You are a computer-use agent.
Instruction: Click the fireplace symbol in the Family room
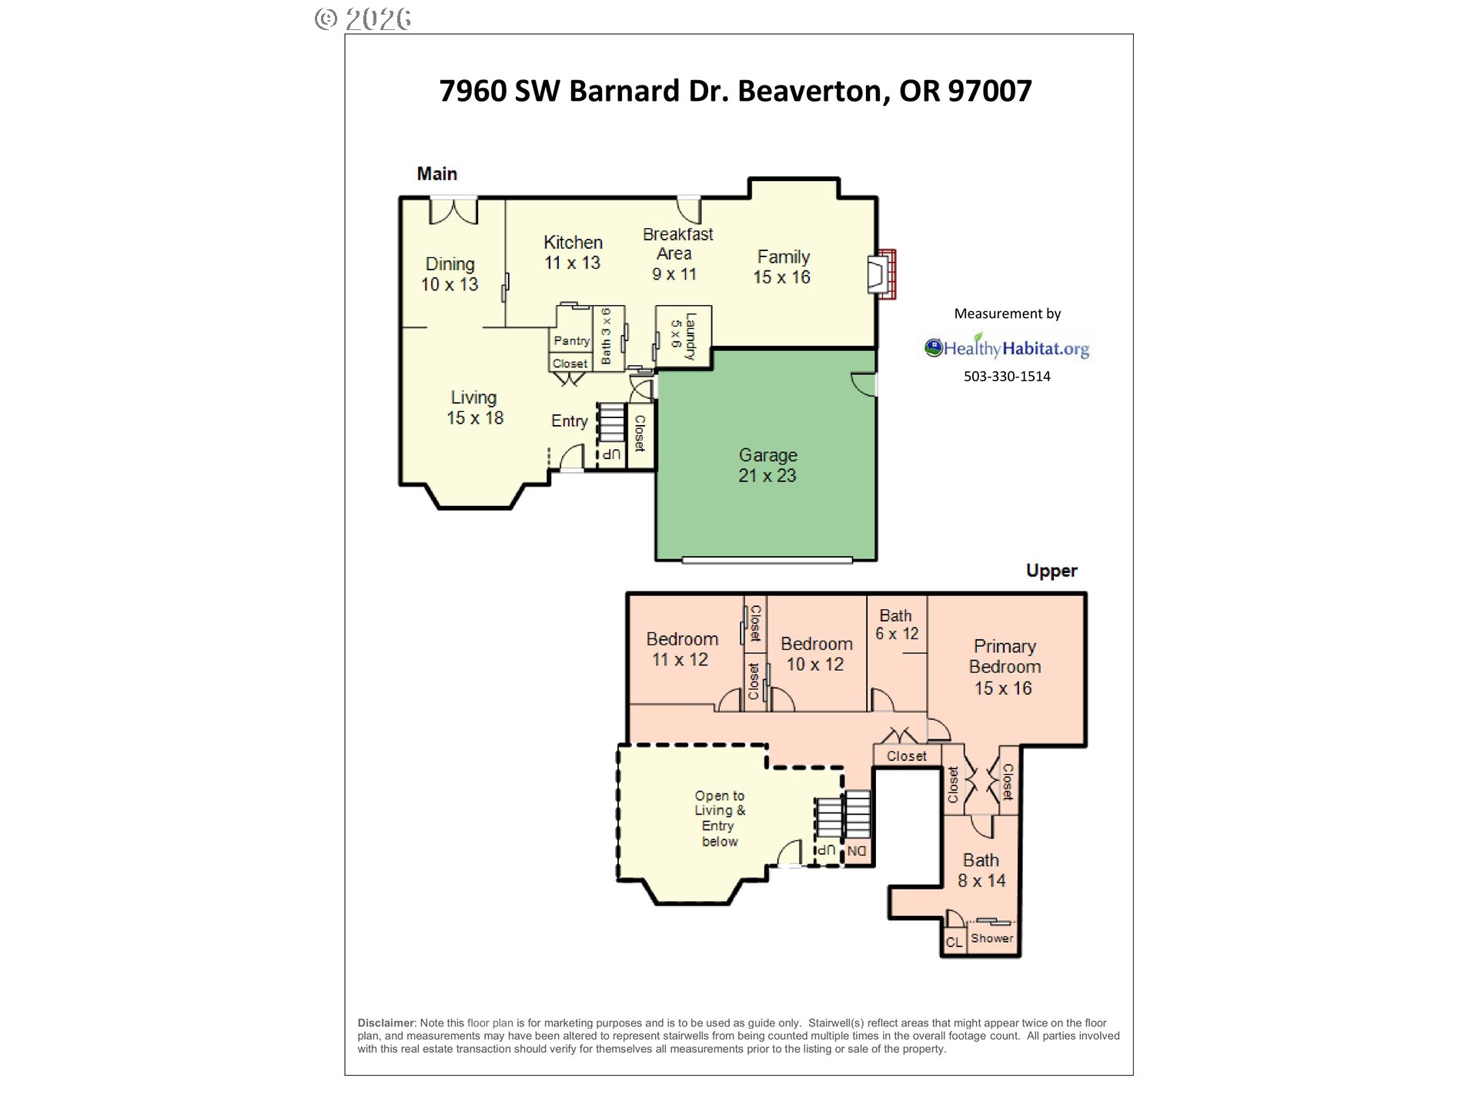pyautogui.click(x=881, y=274)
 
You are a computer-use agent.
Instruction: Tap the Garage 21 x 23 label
pyautogui.click(x=767, y=465)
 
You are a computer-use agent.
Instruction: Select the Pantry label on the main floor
pyautogui.click(x=571, y=340)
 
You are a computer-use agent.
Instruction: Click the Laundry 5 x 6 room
pyautogui.click(x=684, y=336)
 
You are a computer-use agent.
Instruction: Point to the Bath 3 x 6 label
pyautogui.click(x=607, y=337)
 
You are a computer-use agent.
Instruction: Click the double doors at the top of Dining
pyautogui.click(x=453, y=210)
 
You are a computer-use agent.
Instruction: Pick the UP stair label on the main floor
pyautogui.click(x=611, y=454)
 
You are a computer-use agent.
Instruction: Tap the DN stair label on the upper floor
pyautogui.click(x=857, y=851)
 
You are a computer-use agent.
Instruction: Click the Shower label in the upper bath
pyautogui.click(x=991, y=938)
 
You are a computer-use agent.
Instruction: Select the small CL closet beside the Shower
pyautogui.click(x=954, y=942)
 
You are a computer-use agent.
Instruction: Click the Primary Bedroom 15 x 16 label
pyautogui.click(x=1004, y=667)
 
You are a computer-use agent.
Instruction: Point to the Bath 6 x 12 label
pyautogui.click(x=896, y=625)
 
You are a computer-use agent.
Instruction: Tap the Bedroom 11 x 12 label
pyautogui.click(x=681, y=649)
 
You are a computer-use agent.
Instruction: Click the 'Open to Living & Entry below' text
pyautogui.click(x=720, y=818)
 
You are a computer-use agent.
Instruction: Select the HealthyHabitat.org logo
pyautogui.click(x=1007, y=347)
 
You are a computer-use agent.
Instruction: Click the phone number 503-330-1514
pyautogui.click(x=1007, y=377)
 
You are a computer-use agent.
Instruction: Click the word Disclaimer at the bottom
pyautogui.click(x=386, y=1023)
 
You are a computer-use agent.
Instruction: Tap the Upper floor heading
pyautogui.click(x=1051, y=571)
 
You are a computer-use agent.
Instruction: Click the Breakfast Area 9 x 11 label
pyautogui.click(x=677, y=253)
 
